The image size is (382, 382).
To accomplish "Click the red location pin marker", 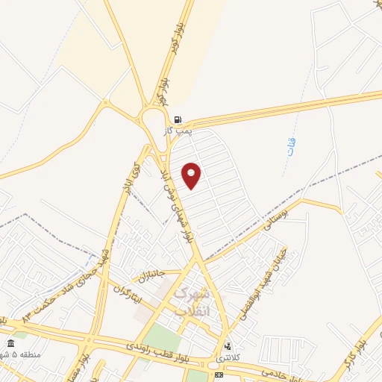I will [x=192, y=175].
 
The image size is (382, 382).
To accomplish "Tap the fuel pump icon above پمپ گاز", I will [x=178, y=119].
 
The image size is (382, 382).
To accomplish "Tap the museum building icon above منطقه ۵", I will [x=10, y=343].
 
